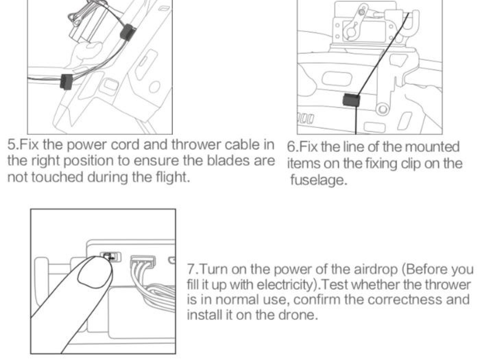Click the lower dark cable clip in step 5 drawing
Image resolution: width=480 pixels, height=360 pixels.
coord(66,81)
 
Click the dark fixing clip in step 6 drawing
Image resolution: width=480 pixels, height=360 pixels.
coord(351,100)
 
